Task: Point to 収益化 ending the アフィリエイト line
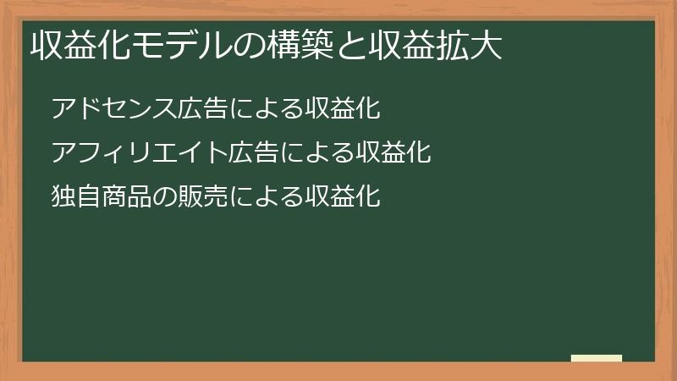click(x=383, y=153)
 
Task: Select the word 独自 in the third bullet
click(x=76, y=197)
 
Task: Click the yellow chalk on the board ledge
click(x=597, y=358)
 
